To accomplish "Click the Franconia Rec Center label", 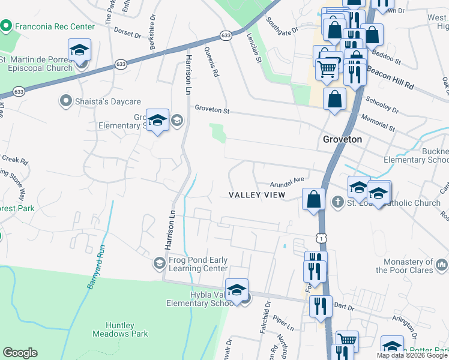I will click(55, 26).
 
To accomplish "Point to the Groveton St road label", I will click(211, 109).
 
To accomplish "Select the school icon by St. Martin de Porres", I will click(79, 50).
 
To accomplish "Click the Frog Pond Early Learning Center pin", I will click(159, 263).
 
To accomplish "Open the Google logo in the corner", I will click(20, 353).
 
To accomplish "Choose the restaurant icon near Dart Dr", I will click(321, 307).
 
